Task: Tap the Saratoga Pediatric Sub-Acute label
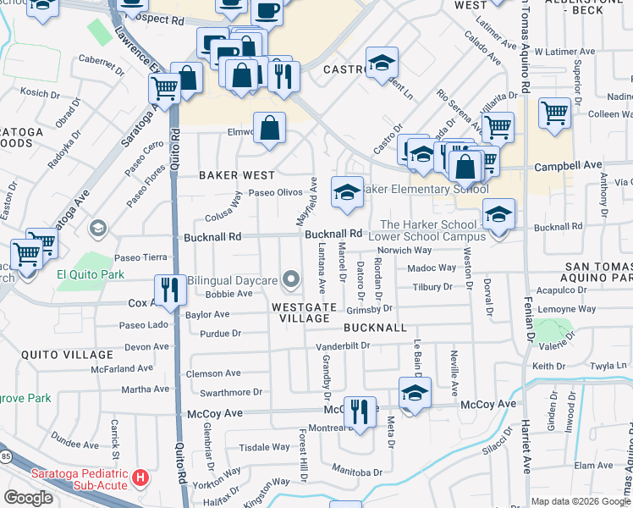(80, 478)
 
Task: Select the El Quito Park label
(91, 274)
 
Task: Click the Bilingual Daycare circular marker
(292, 279)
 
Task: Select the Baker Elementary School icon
(346, 192)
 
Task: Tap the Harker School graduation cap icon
(499, 215)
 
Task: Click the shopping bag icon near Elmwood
(268, 129)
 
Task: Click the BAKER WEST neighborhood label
(237, 175)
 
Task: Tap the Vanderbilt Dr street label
(343, 346)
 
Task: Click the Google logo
(29, 498)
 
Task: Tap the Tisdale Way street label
(265, 447)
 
